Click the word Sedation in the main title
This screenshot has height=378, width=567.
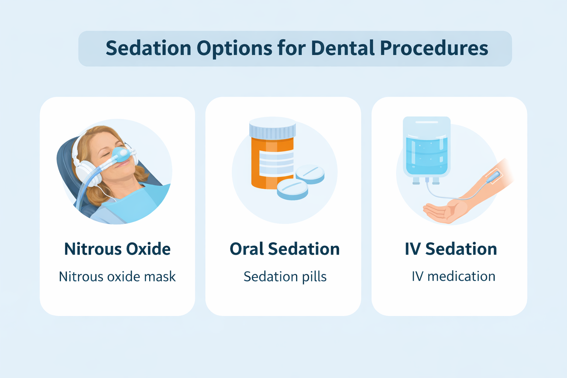(x=148, y=48)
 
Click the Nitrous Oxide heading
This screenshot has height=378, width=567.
(x=117, y=249)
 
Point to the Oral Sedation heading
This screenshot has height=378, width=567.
(x=285, y=249)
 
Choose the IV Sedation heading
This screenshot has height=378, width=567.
(x=451, y=249)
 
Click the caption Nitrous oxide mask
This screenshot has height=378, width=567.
(x=117, y=276)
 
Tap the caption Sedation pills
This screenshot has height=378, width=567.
(x=285, y=276)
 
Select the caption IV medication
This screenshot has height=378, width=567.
(x=453, y=276)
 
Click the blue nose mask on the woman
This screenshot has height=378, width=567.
(x=121, y=154)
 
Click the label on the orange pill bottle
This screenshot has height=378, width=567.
(x=276, y=162)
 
